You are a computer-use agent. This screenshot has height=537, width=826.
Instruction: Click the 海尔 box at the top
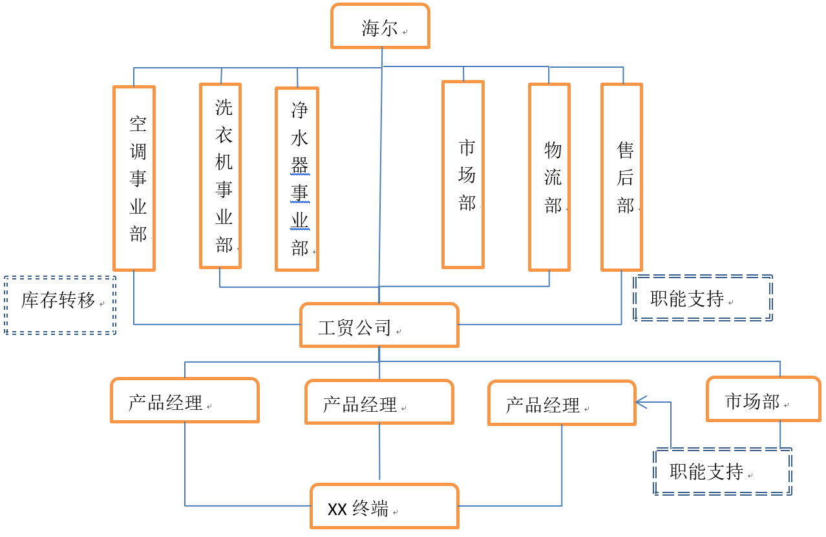click(x=380, y=26)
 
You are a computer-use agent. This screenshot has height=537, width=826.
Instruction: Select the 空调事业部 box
click(x=134, y=178)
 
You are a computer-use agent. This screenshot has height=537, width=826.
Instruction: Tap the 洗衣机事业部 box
click(x=220, y=176)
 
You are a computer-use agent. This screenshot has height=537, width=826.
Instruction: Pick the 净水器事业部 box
click(x=297, y=179)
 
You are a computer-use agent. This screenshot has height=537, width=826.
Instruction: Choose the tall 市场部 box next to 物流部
click(x=463, y=174)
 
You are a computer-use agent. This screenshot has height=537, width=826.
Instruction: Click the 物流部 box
click(x=549, y=177)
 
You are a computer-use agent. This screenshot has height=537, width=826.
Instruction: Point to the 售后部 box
click(x=622, y=177)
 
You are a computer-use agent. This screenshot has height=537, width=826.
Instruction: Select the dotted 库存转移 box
click(x=60, y=305)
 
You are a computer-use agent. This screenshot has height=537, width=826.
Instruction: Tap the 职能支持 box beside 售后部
click(x=703, y=298)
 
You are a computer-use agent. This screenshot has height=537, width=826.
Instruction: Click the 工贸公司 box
click(x=379, y=325)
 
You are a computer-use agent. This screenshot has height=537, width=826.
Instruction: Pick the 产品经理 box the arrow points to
click(x=562, y=403)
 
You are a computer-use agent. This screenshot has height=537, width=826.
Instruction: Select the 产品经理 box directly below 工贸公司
click(x=379, y=402)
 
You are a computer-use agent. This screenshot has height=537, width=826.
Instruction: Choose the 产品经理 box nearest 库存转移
click(x=185, y=401)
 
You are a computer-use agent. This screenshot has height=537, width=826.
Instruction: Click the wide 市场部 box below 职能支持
click(x=763, y=400)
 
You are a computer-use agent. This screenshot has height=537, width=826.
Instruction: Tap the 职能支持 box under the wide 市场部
click(x=723, y=472)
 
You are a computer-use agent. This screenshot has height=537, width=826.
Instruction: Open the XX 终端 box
click(x=385, y=507)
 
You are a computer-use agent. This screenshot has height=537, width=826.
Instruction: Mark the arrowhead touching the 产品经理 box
click(x=641, y=402)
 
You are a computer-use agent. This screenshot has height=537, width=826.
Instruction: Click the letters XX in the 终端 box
click(x=337, y=509)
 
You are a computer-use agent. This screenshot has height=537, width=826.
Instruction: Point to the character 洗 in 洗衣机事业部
click(x=224, y=107)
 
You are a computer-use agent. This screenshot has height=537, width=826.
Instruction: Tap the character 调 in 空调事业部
click(x=138, y=152)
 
